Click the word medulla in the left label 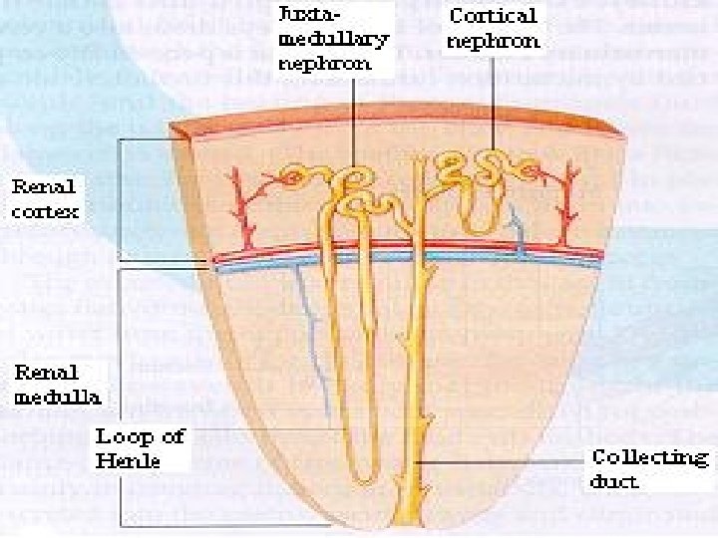(56, 398)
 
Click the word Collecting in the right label (650, 458)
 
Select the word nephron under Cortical (495, 41)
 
